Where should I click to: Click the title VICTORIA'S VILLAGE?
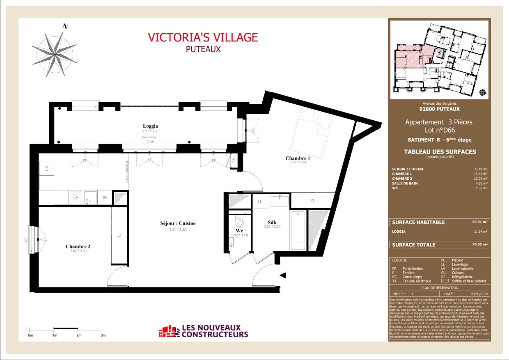203,37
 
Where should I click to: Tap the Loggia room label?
150,126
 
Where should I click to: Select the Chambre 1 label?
298,158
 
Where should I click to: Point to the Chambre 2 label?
78,247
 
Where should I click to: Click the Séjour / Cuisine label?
178,223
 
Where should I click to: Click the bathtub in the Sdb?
298,230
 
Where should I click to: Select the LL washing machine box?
260,202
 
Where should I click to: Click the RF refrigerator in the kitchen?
105,197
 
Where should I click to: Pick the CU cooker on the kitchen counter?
47,169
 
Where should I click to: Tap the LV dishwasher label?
76,197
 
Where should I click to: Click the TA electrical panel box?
234,161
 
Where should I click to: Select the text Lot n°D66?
439,130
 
